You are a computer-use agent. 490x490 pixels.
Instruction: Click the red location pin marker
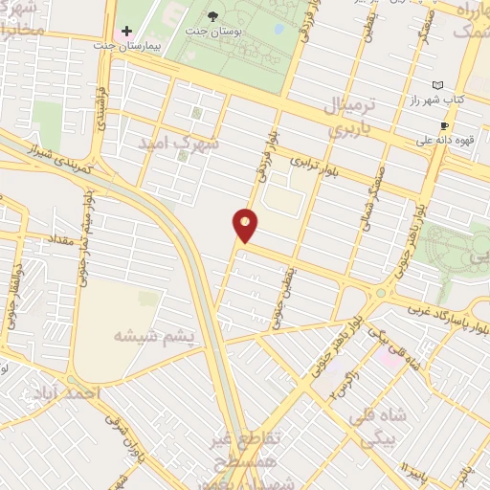click(x=246, y=225)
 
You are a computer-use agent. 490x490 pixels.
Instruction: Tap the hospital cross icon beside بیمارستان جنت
click(x=127, y=31)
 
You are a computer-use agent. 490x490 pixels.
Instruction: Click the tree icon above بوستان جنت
click(x=212, y=16)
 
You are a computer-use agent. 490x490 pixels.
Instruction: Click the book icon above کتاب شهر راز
click(x=437, y=85)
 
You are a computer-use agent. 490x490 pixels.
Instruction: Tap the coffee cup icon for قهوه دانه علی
click(x=444, y=125)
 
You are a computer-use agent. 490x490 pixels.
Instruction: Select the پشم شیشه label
click(x=153, y=336)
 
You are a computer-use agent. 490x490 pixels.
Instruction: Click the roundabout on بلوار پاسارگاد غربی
click(x=381, y=293)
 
